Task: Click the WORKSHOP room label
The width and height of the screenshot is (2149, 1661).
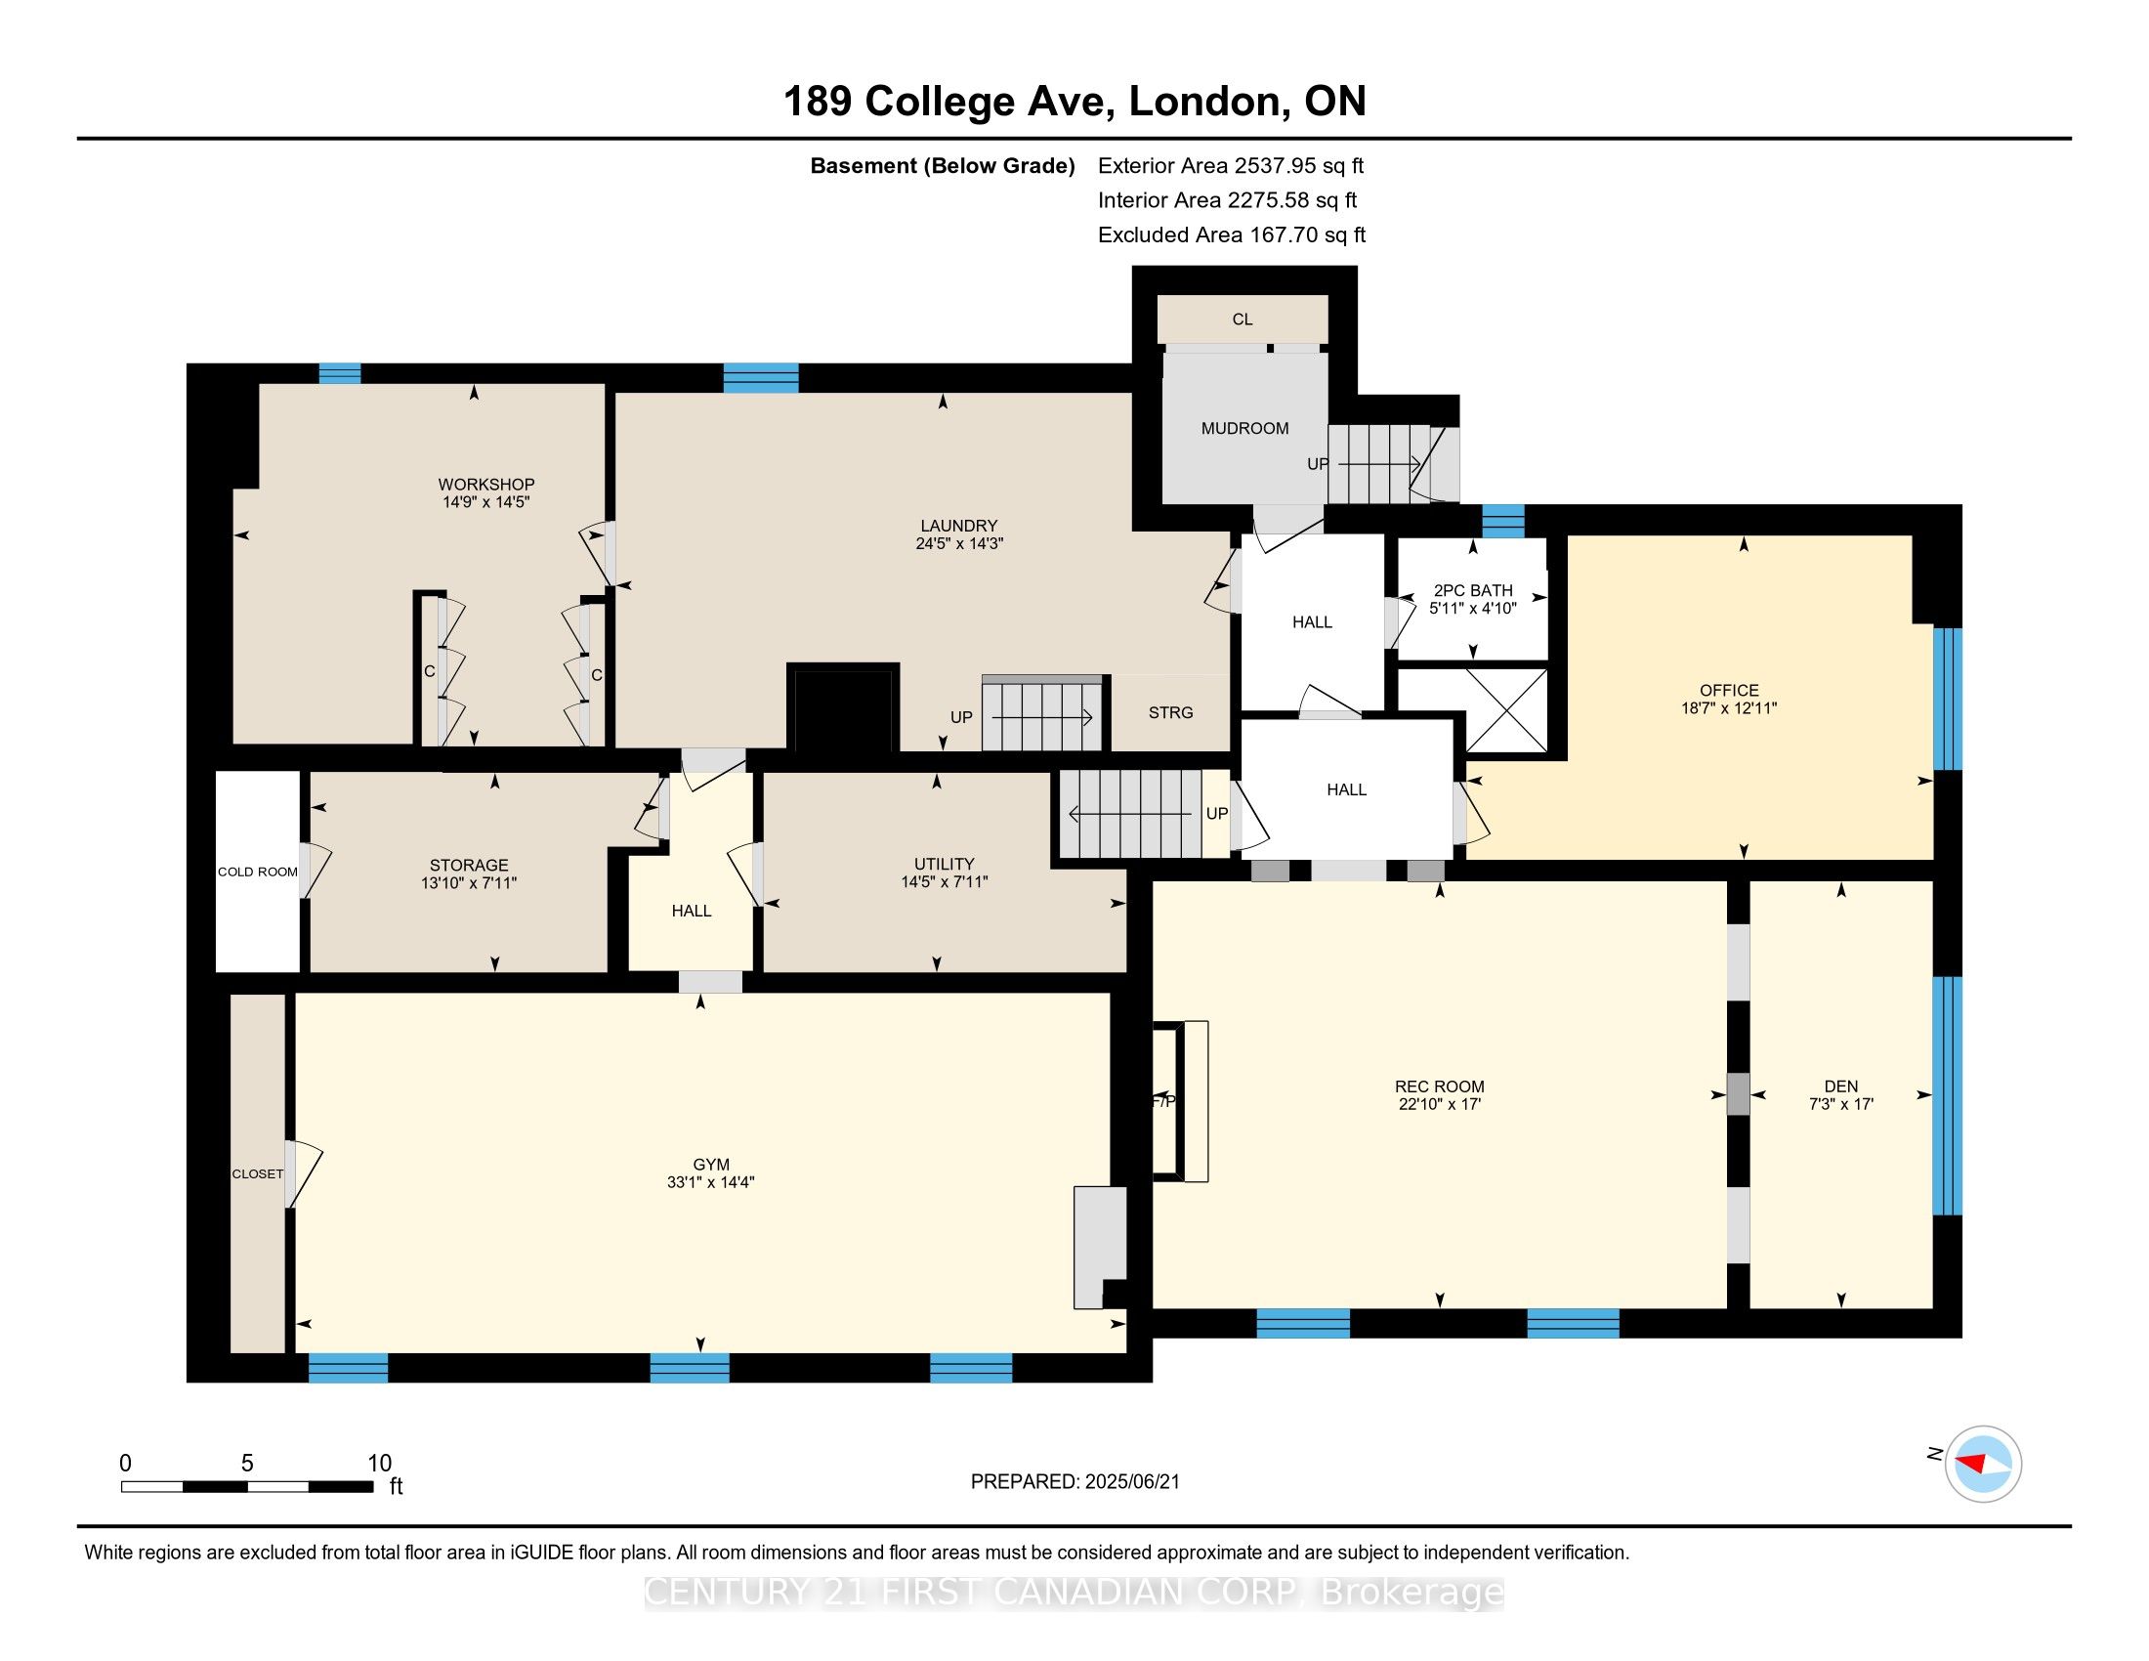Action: pyautogui.click(x=486, y=484)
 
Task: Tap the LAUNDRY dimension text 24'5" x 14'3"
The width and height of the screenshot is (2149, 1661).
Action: pyautogui.click(x=958, y=543)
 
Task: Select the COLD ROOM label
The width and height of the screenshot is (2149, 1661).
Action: pyautogui.click(x=258, y=872)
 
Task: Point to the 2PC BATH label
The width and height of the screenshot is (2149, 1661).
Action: pyautogui.click(x=1473, y=590)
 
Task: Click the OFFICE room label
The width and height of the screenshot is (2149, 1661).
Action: pyautogui.click(x=1729, y=690)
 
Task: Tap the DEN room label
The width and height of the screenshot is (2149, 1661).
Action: pyautogui.click(x=1841, y=1086)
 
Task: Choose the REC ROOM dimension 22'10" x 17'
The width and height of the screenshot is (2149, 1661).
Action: pyautogui.click(x=1440, y=1104)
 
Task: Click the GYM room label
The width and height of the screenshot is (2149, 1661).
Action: pyautogui.click(x=710, y=1165)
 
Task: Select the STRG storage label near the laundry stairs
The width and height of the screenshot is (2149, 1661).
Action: pyautogui.click(x=1170, y=712)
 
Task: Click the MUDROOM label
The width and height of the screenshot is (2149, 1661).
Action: pyautogui.click(x=1244, y=428)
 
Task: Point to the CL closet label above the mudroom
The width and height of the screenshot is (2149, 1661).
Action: pyautogui.click(x=1243, y=319)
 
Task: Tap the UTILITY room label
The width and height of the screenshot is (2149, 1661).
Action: pyautogui.click(x=945, y=864)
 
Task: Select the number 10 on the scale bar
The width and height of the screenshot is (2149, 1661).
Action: pyautogui.click(x=380, y=1464)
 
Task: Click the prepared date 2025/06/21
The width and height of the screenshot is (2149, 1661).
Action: pyautogui.click(x=1131, y=1482)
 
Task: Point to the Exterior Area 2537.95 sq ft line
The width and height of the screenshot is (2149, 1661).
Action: pyautogui.click(x=1231, y=165)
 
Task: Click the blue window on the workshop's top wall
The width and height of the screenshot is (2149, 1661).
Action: pyautogui.click(x=340, y=374)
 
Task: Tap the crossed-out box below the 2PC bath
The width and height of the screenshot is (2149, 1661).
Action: pyautogui.click(x=1472, y=710)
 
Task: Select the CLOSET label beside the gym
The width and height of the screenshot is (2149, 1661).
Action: pyautogui.click(x=258, y=1173)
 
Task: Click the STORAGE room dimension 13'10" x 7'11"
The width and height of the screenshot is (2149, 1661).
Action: pyautogui.click(x=468, y=882)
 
